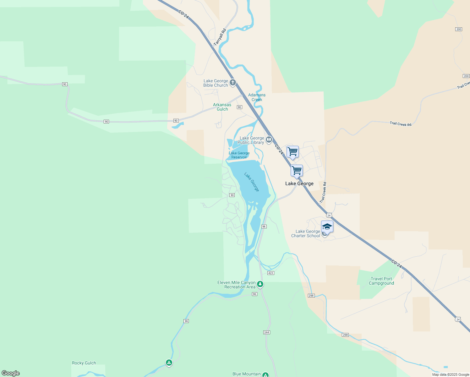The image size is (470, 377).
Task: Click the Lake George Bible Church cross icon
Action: [232, 83]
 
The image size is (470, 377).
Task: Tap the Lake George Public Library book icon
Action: [269, 140]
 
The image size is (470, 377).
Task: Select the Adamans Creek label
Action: [257, 97]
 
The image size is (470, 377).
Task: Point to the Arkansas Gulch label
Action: [222, 107]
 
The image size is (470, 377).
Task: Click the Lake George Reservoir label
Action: [239, 155]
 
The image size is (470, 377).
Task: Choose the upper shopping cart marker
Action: [292, 152]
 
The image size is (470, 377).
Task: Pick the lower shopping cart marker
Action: [297, 171]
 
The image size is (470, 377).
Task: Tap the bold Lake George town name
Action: [299, 183]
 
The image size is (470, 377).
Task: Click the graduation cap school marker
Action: [327, 227]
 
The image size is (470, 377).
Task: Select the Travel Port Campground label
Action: [381, 281]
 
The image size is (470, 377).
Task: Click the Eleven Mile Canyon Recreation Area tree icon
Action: [260, 284]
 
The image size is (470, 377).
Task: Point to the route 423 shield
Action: [271, 273]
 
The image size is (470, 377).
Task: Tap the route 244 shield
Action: [266, 332]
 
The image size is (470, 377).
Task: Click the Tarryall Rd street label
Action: [220, 37]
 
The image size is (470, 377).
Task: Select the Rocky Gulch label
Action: [84, 363]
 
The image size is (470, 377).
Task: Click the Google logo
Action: [11, 373]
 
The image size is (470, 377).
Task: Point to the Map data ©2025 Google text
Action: [451, 374]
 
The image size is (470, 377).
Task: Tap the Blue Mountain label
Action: [247, 374]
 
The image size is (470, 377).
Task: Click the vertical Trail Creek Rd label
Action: [323, 192]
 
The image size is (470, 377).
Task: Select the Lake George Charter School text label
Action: [305, 233]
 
